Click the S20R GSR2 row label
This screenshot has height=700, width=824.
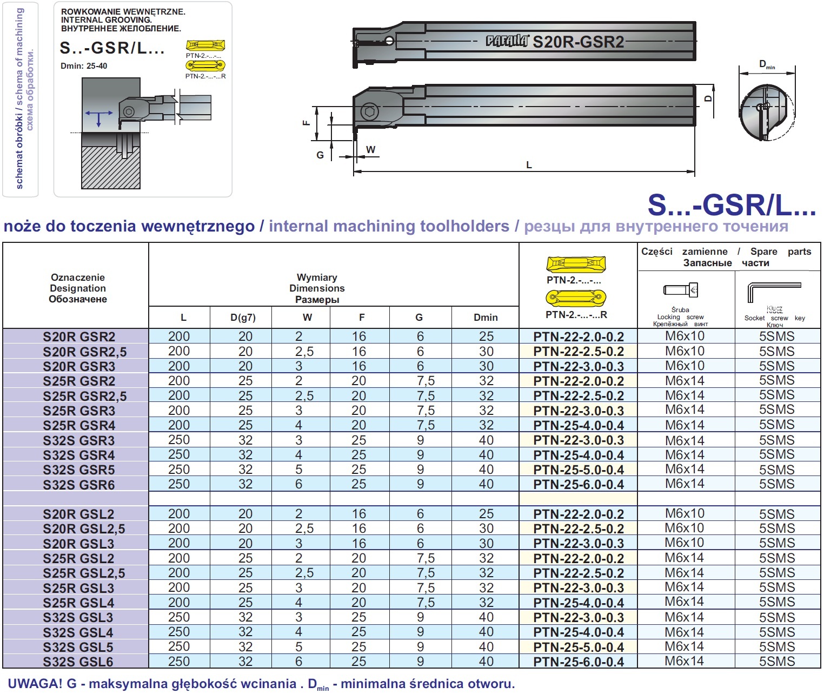coord(79,336)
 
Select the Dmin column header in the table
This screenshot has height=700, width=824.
coord(486,318)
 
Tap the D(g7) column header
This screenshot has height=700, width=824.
coord(243,318)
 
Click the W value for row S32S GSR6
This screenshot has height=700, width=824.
coord(298,484)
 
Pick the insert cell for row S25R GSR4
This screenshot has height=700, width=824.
coord(579,425)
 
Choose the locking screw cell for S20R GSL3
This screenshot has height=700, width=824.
coord(685,543)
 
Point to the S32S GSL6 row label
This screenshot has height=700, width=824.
coord(78,662)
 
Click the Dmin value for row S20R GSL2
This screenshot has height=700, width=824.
coord(487,514)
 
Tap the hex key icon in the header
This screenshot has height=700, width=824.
coord(774,292)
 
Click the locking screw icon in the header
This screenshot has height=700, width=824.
coord(681,289)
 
